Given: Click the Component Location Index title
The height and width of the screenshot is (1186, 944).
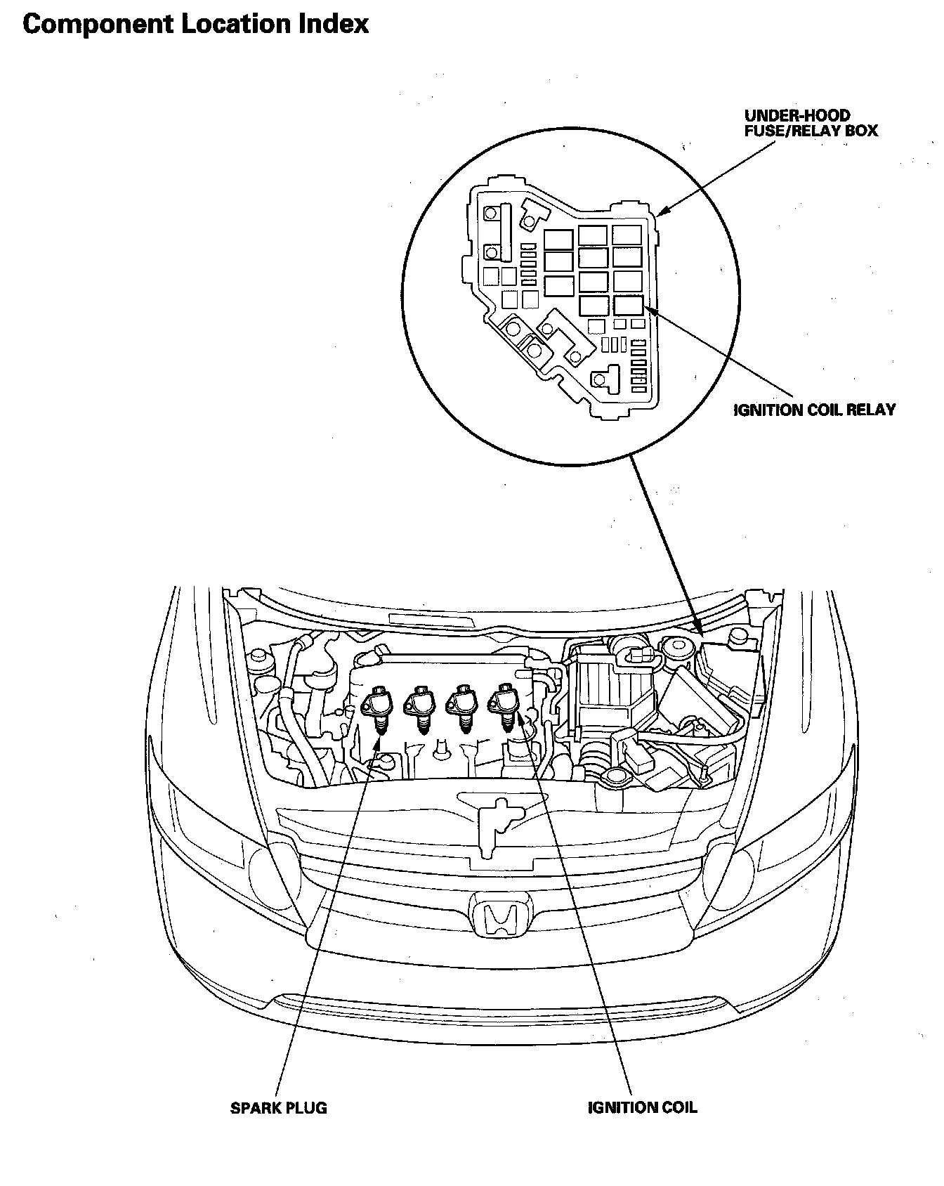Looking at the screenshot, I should point(195,25).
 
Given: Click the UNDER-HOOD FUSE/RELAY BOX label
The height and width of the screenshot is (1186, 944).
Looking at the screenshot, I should point(811,123).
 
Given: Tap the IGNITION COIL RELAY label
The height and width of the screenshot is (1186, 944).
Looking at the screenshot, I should point(815,410).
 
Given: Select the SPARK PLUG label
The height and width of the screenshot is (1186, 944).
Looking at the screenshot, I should point(279,1108).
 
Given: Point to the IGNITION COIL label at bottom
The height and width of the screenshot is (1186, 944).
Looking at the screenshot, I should point(642,1108).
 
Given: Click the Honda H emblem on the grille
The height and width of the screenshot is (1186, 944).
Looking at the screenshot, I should point(499,917).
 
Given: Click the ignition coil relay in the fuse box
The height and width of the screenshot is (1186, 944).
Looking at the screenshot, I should point(628,304).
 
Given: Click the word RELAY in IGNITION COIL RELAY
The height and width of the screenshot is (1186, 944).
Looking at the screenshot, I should point(871,410).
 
